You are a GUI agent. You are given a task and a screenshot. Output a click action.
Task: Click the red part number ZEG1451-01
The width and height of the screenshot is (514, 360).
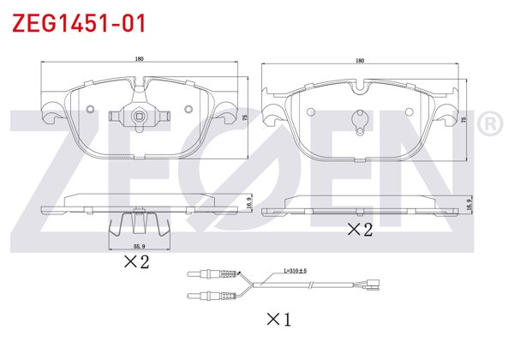tap(79, 23)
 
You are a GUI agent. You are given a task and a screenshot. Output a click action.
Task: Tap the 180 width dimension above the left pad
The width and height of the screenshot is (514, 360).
tap(140, 59)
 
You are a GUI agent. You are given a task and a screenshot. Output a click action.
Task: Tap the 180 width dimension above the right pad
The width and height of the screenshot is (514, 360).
tap(360, 61)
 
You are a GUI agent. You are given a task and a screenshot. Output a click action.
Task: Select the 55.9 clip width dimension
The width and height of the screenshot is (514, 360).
tap(140, 246)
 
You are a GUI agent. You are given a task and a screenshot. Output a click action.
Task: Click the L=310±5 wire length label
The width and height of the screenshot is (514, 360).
tap(295, 271)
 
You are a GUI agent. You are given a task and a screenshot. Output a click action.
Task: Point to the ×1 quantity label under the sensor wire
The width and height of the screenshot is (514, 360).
tap(279, 319)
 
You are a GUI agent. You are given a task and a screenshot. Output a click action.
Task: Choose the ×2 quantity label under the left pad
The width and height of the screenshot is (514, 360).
tap(137, 261)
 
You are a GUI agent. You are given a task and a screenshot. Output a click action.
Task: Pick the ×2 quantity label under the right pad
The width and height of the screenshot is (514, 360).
tap(360, 229)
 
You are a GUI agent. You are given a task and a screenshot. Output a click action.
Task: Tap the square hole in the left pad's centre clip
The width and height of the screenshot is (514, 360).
tap(140, 116)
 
